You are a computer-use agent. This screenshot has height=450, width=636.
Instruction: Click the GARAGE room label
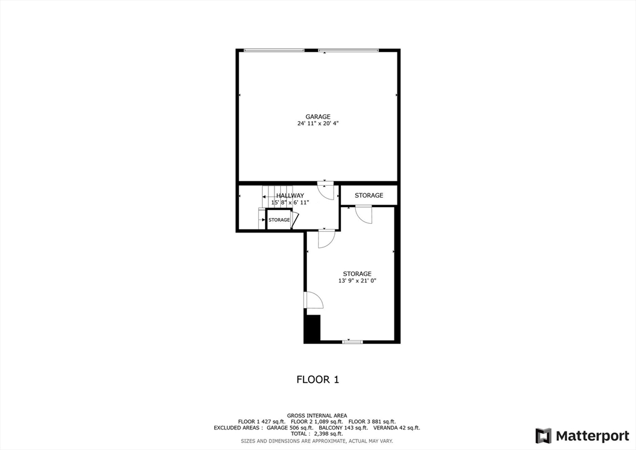coord(317,116)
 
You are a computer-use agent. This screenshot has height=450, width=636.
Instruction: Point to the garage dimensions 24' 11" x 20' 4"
coord(317,124)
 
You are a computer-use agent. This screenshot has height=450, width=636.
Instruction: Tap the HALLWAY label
coord(290,196)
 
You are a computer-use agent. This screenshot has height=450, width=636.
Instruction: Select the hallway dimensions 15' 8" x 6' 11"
coord(290,203)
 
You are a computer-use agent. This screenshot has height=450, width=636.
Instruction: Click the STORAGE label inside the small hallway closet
coord(279,220)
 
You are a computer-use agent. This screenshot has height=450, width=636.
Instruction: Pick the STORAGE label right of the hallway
coord(369,196)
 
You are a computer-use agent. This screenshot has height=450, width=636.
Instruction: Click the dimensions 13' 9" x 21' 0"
coord(357,281)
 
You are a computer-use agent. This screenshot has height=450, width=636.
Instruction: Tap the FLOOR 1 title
coord(317,379)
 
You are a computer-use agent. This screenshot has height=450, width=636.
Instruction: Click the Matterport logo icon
coord(543,435)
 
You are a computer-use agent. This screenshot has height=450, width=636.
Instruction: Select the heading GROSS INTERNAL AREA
coord(317,415)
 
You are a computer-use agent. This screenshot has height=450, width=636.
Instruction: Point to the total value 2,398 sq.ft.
coord(329,433)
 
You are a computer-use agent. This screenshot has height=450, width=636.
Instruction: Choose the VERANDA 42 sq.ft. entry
coord(397,428)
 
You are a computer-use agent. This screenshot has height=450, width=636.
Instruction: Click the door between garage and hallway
coord(325,190)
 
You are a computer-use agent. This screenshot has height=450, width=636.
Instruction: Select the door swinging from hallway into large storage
coord(326,239)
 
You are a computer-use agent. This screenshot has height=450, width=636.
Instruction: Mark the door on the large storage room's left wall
coord(313,300)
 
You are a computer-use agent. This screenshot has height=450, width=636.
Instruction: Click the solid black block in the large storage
coord(312,328)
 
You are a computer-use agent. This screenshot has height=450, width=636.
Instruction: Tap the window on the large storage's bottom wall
coord(352,341)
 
